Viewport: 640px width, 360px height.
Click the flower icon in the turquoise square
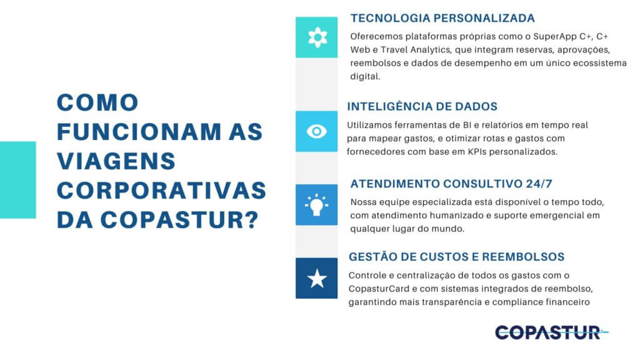317,37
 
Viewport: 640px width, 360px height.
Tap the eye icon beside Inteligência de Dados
317,131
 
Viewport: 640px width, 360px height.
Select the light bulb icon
317,204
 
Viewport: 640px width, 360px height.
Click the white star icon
317,279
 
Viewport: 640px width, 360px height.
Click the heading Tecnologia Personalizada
442,18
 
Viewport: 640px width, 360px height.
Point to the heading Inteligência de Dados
422,106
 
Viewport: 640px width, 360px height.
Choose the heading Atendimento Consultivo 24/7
451,184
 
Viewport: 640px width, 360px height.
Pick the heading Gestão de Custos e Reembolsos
456,257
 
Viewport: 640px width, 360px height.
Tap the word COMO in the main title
97,103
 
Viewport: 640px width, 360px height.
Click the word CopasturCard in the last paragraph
381,289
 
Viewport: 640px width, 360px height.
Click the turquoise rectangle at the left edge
17,179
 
